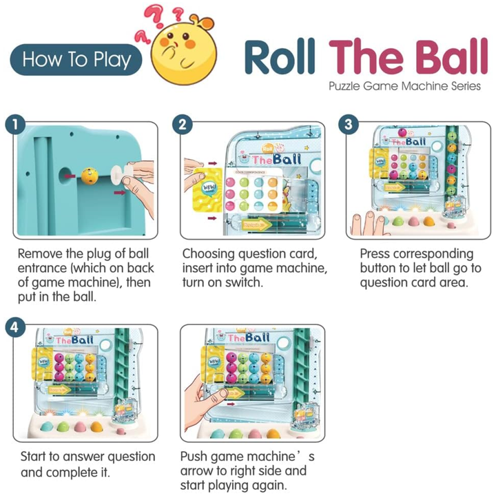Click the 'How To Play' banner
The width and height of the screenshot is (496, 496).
pos(76,60)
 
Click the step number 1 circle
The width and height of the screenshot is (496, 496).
pos(14,125)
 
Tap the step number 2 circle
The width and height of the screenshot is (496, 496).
pos(182,125)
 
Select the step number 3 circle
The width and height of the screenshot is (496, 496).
pos(349,125)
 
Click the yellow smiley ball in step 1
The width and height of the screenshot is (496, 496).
pos(89,175)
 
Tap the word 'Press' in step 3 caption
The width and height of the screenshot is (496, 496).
pos(378,254)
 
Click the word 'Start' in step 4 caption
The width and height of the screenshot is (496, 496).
pos(34,457)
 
